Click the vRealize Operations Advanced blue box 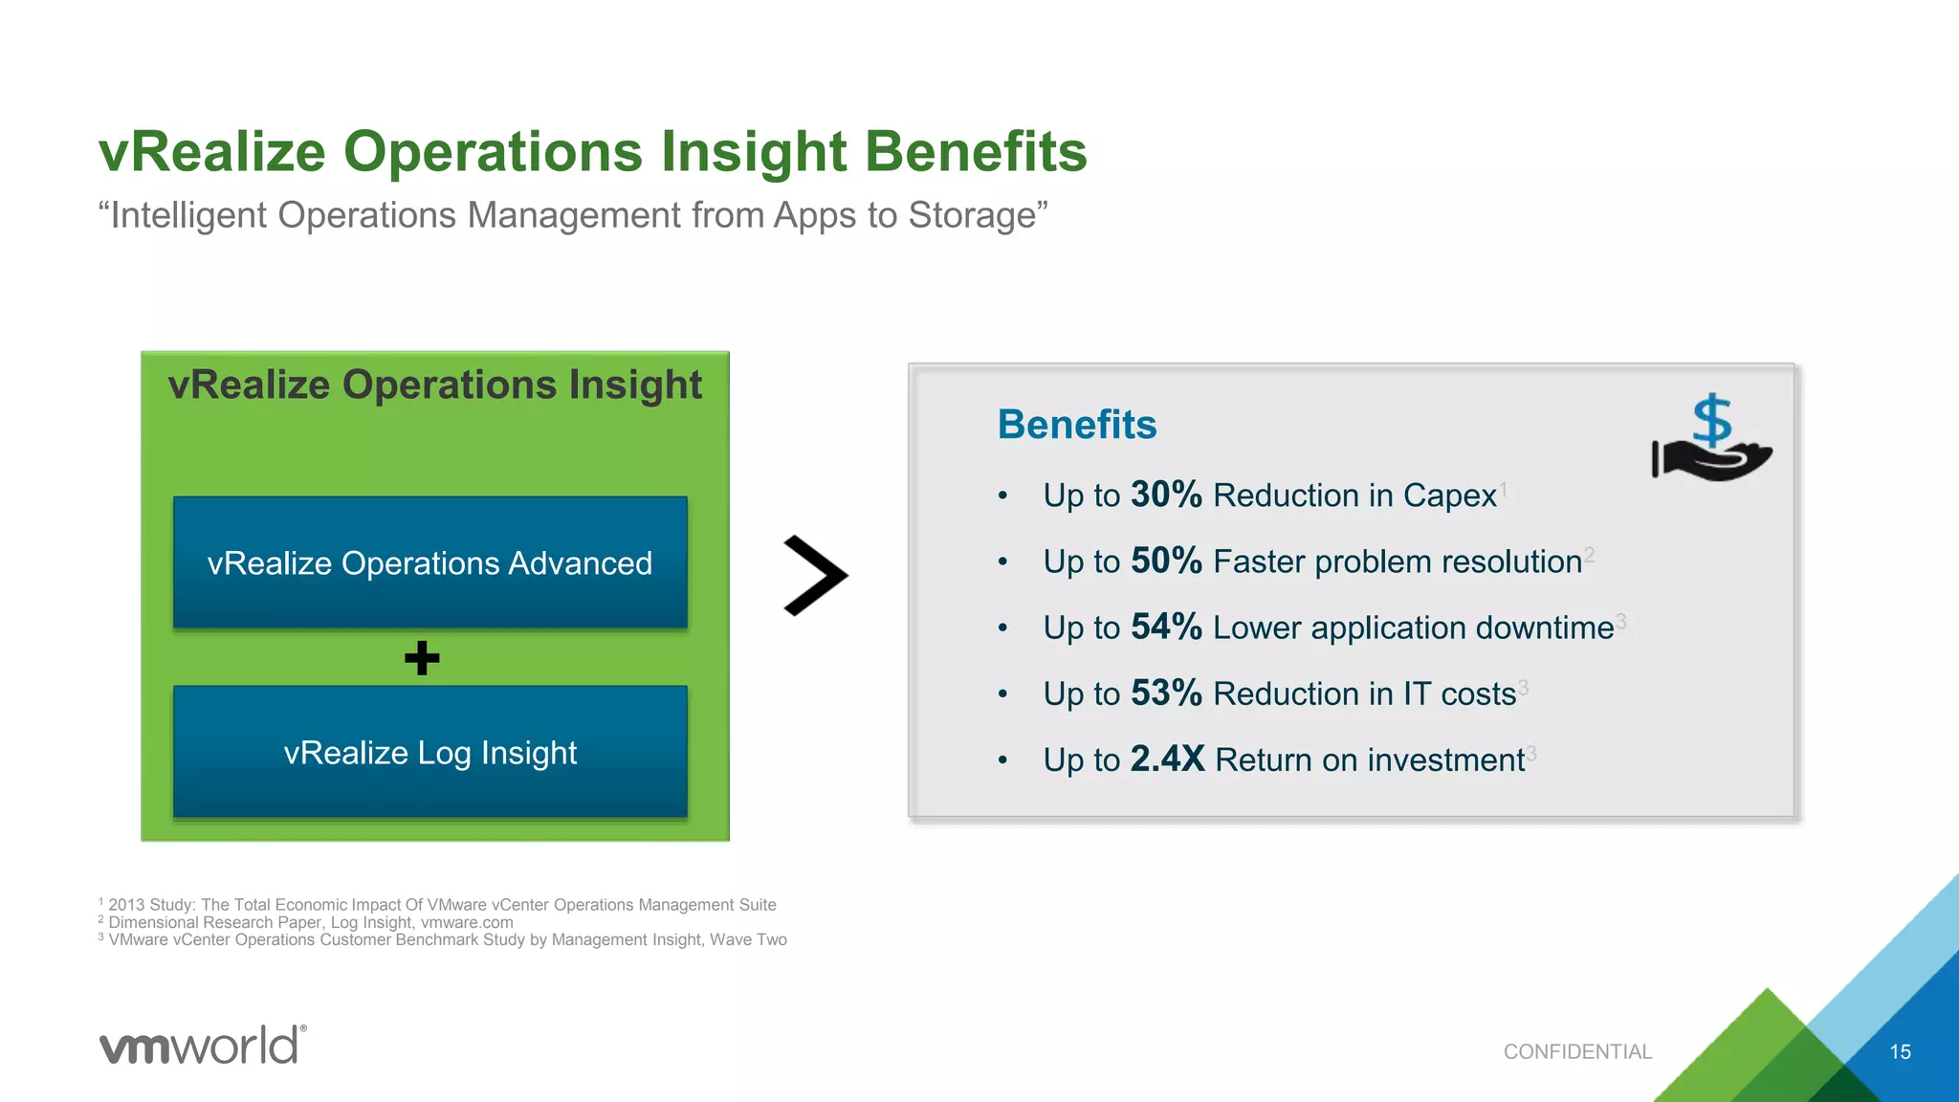(x=429, y=562)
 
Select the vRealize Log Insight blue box (x=429, y=752)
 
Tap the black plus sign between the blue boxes (x=422, y=658)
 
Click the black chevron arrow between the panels (x=815, y=575)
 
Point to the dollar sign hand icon (x=1711, y=439)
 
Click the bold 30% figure (x=1165, y=495)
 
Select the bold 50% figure (x=1165, y=561)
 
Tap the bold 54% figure (x=1165, y=627)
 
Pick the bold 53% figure (x=1165, y=693)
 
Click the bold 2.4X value (x=1167, y=759)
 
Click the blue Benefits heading (x=1076, y=425)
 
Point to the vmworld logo (x=203, y=1045)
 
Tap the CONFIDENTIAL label (x=1577, y=1051)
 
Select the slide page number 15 (x=1900, y=1051)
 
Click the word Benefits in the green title (x=976, y=152)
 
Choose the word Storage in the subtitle (x=971, y=215)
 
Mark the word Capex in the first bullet (x=1449, y=496)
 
